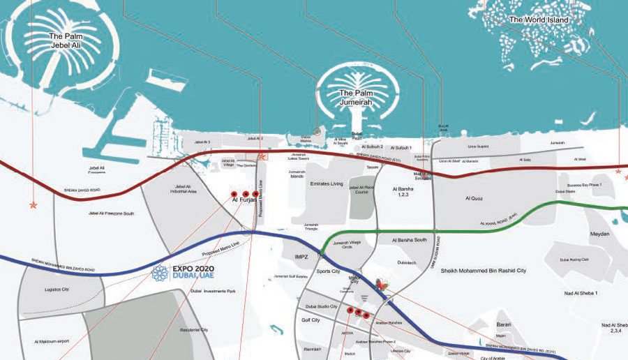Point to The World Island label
pos(539,20)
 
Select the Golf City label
pos(311,320)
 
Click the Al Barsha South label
pos(410,239)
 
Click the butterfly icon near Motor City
pos(380,284)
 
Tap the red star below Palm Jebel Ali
pos(32,205)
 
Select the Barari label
pos(504,325)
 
